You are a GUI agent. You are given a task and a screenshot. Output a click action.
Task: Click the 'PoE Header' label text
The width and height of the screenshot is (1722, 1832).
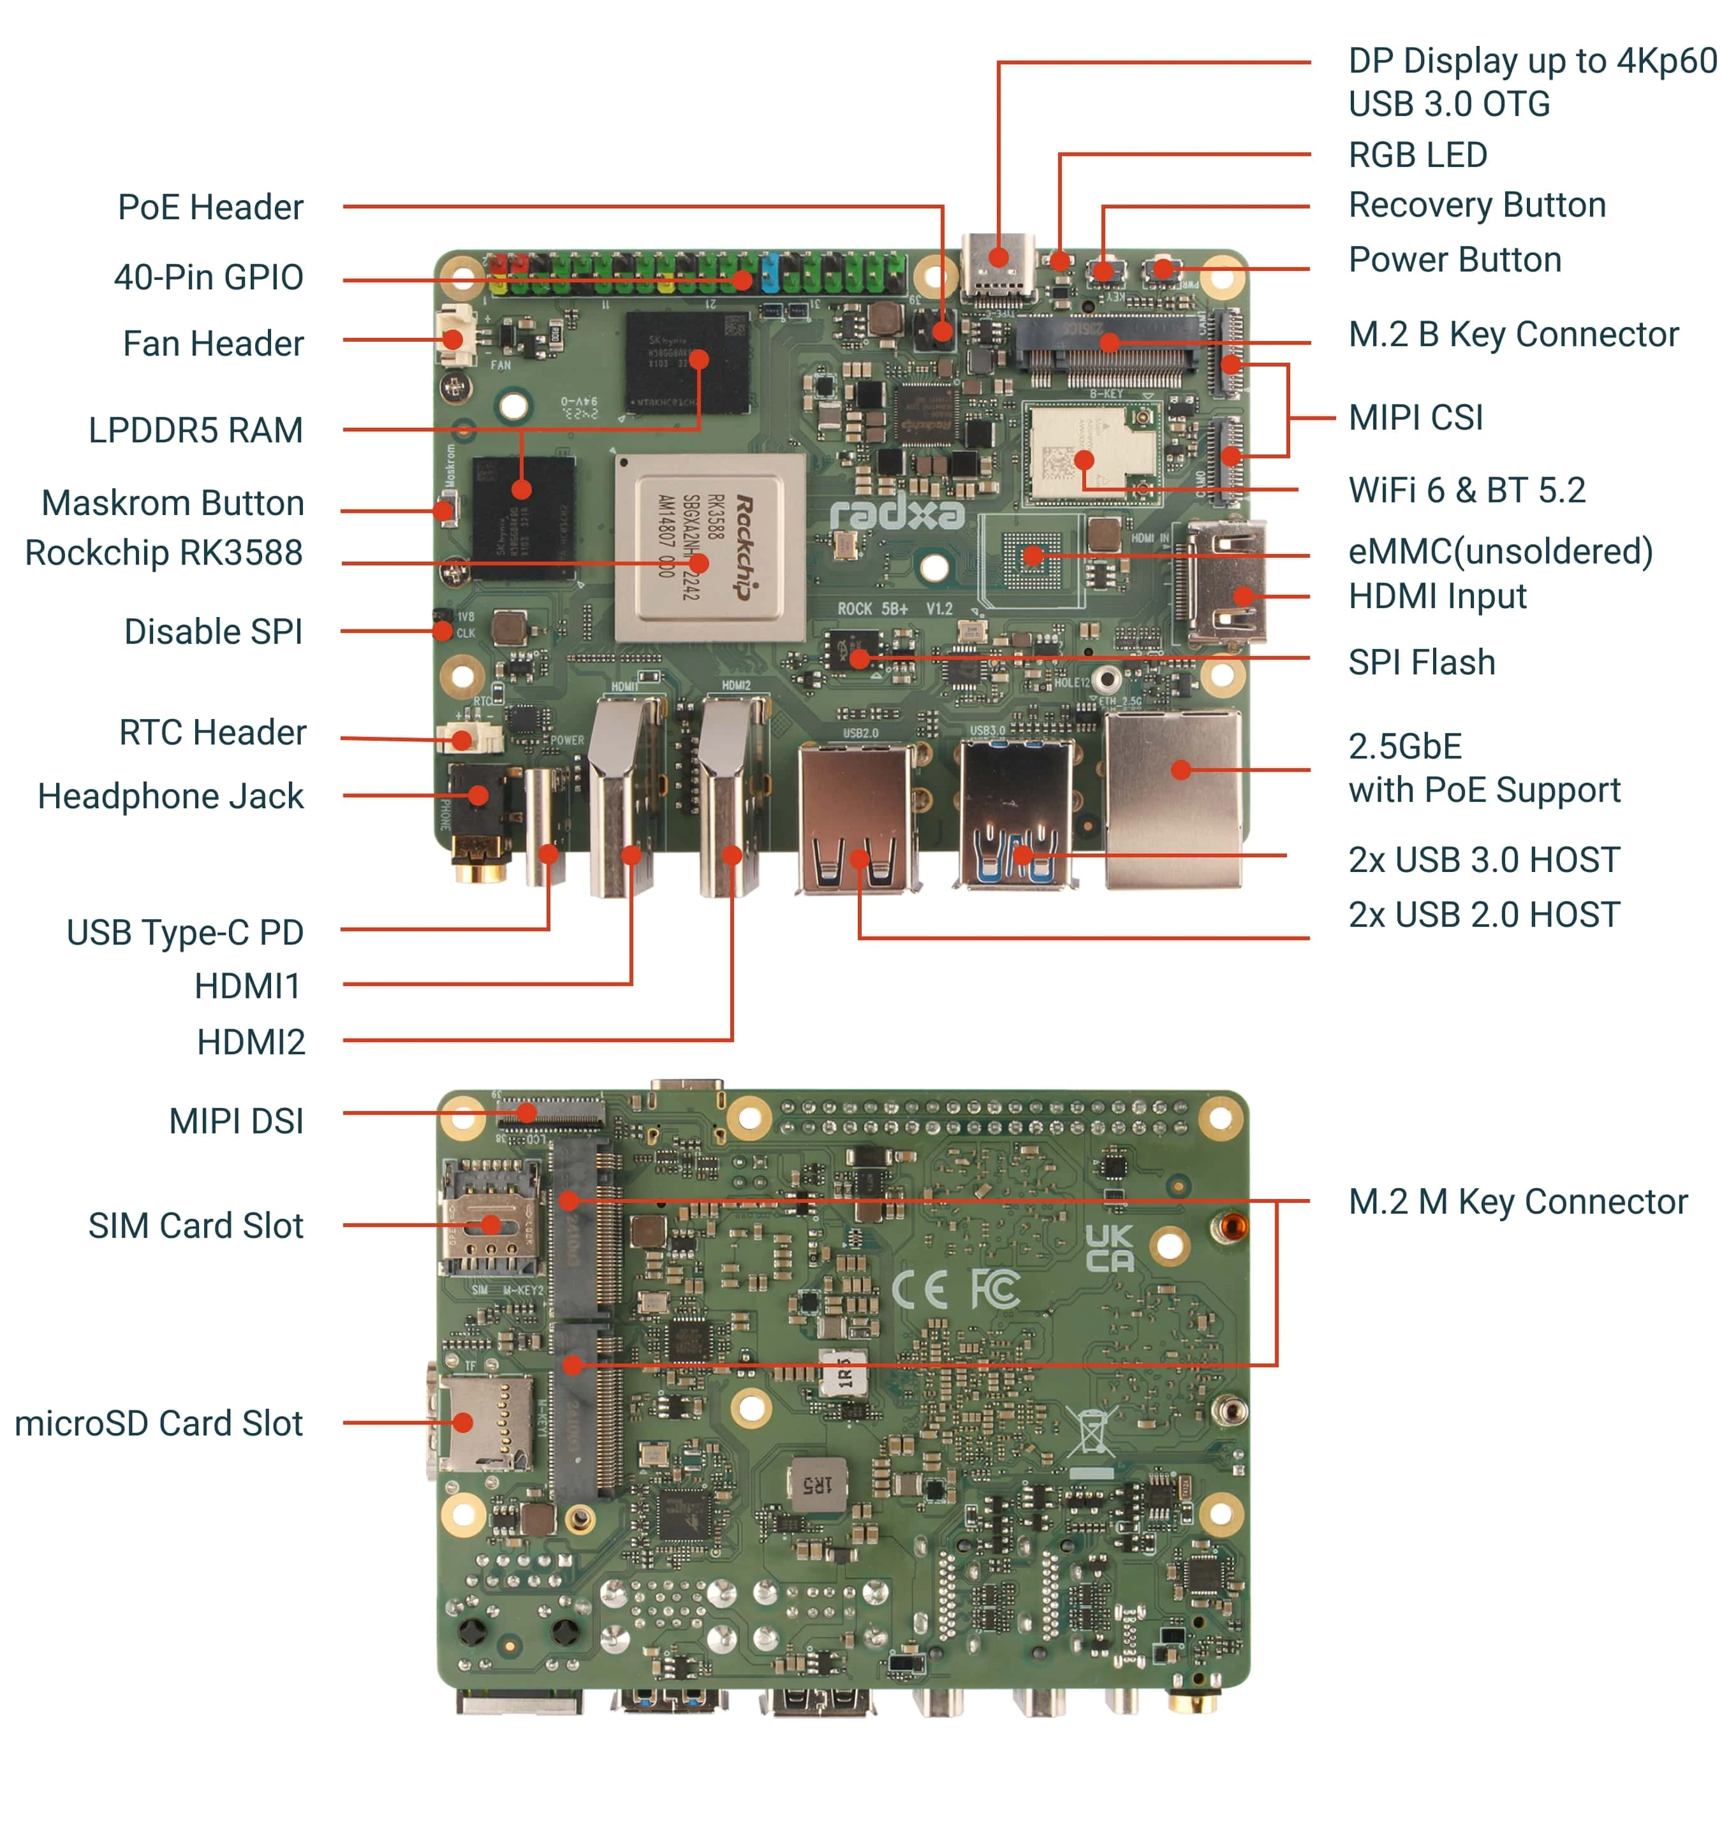point(210,207)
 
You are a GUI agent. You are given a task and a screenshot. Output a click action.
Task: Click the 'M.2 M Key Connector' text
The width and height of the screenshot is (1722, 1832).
point(1517,1201)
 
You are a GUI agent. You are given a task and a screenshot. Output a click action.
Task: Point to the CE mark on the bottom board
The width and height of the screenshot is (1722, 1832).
point(918,1288)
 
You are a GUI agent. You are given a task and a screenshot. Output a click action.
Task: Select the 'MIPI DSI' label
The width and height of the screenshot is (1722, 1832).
point(236,1121)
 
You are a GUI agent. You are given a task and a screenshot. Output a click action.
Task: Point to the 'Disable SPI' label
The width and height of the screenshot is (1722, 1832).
point(213,631)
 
